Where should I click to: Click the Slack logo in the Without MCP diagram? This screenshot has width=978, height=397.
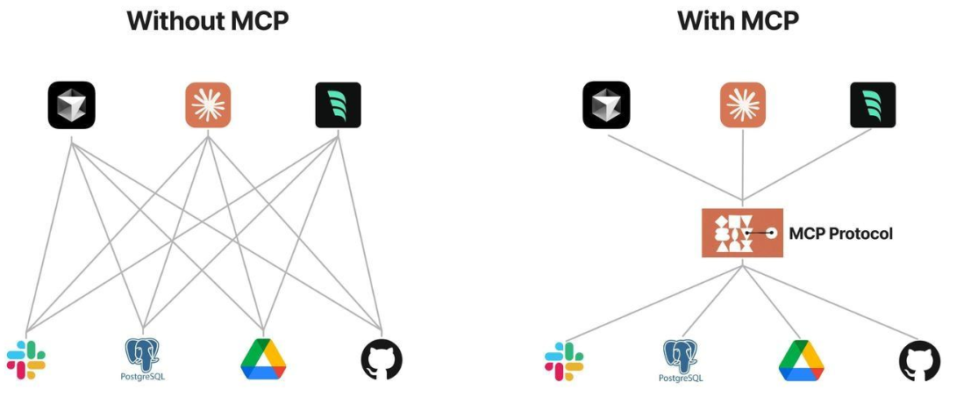point(26,359)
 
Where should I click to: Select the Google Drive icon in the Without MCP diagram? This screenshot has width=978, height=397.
point(263,359)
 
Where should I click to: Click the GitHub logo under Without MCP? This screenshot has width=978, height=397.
point(382,359)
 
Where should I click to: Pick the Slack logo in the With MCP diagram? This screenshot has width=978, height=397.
point(564,360)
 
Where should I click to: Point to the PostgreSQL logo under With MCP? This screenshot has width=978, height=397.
point(682,357)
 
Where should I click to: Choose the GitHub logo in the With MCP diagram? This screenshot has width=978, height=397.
point(919,360)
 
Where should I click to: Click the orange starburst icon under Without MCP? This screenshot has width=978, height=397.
point(208,105)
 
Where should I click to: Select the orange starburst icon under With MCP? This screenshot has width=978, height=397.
point(743,105)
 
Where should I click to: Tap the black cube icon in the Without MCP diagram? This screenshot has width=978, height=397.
point(72,105)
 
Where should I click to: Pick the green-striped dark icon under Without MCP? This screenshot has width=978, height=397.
point(339,105)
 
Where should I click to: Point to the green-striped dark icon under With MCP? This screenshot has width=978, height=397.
point(873,105)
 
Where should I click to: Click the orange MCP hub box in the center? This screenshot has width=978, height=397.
point(742,233)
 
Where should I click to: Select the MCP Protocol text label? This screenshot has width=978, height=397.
point(840,234)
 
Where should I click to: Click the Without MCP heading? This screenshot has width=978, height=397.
point(207,20)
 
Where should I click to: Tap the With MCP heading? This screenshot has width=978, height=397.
point(738,20)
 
